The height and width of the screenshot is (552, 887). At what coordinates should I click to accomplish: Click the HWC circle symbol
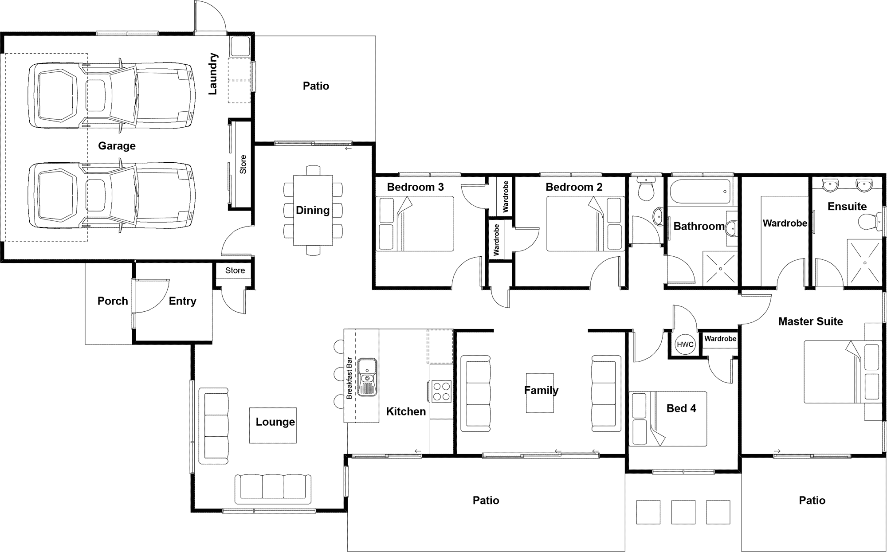[x=685, y=345]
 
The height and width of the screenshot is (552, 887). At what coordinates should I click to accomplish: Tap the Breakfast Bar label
[x=349, y=378]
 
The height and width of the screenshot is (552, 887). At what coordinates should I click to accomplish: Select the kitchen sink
[x=367, y=377]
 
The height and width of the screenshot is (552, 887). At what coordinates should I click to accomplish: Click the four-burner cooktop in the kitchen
[x=442, y=391]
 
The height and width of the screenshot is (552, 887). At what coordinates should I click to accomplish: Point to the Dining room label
[x=313, y=210]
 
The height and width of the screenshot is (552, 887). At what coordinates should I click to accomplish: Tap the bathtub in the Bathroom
[x=701, y=191]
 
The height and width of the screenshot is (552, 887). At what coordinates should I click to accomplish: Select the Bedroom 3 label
[x=415, y=187]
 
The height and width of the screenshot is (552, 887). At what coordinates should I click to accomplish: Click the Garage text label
[x=117, y=146]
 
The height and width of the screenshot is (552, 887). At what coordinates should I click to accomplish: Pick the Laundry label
[x=213, y=74]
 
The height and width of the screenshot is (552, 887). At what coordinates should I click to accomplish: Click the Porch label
[x=113, y=301]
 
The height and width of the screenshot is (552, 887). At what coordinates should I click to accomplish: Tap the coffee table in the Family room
[x=540, y=393]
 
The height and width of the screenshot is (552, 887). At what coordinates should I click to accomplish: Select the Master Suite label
[x=810, y=321]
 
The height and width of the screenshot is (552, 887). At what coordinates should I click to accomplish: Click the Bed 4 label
[x=681, y=408]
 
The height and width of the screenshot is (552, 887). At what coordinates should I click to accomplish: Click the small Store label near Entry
[x=235, y=270]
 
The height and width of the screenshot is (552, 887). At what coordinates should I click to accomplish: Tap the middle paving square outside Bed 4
[x=683, y=512]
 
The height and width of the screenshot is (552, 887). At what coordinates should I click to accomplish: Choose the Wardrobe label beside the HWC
[x=720, y=339]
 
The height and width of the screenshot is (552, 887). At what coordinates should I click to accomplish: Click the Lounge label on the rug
[x=275, y=422]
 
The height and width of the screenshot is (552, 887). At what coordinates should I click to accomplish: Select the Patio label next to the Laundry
[x=316, y=86]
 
